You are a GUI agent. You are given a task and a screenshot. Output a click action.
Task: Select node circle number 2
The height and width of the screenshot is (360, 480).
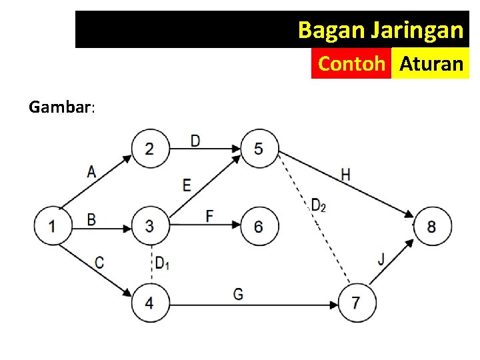click(x=150, y=148)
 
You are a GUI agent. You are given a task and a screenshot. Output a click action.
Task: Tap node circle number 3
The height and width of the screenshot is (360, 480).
click(x=150, y=226)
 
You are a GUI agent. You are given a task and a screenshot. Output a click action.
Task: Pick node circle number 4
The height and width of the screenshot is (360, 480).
click(x=150, y=303)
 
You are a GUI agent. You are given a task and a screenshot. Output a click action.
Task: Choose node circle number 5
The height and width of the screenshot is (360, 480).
click(x=259, y=148)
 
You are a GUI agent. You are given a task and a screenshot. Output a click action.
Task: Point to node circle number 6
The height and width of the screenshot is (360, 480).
click(x=259, y=226)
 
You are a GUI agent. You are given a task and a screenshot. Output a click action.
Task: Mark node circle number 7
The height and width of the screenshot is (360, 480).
click(x=357, y=303)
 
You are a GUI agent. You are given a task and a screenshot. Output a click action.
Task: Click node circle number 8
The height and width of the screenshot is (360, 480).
click(x=432, y=226)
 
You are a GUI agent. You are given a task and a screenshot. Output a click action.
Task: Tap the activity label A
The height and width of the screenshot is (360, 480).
click(x=91, y=171)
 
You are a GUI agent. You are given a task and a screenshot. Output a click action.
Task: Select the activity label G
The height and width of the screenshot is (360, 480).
click(x=238, y=293)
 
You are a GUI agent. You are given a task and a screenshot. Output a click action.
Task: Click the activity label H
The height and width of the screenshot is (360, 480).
click(x=345, y=175)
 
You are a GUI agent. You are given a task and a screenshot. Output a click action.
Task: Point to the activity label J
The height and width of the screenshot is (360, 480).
click(x=381, y=259)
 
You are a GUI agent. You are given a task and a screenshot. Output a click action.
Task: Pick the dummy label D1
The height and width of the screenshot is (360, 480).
click(x=162, y=263)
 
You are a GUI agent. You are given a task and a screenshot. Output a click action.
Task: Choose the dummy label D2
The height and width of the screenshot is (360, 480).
click(x=318, y=205)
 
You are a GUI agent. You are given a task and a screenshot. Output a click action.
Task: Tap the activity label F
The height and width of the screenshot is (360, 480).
click(x=209, y=216)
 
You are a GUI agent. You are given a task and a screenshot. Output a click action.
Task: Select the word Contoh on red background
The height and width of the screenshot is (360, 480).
click(x=351, y=64)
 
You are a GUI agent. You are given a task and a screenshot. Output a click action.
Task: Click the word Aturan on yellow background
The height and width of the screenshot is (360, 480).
click(x=431, y=64)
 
